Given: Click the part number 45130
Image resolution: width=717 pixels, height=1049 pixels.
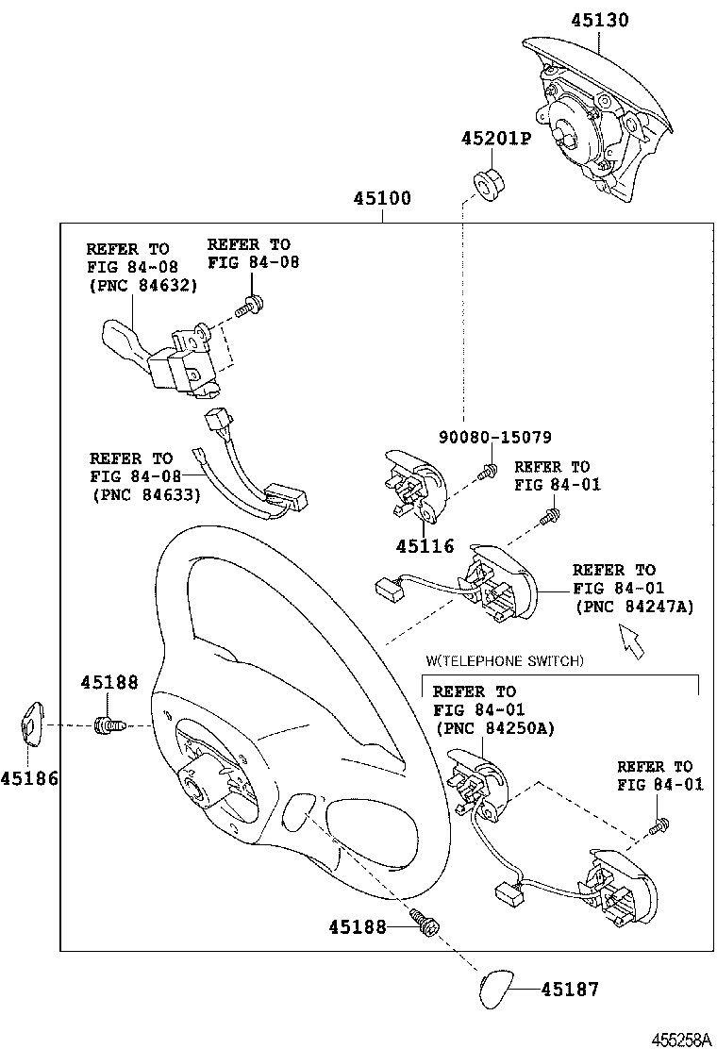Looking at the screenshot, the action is pos(599,20).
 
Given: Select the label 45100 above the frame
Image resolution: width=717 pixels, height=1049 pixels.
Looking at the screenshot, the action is pos(382,198).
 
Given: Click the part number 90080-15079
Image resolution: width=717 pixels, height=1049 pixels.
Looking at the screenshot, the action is pos(495,438).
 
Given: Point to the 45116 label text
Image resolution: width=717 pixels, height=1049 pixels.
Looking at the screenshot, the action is pos(425,546).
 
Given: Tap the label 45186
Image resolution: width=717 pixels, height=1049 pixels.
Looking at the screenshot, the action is pos(29,778).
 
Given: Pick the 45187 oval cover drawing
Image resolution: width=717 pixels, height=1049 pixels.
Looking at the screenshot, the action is pos(495,991).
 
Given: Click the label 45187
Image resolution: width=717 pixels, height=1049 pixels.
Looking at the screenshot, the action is pos(570,989).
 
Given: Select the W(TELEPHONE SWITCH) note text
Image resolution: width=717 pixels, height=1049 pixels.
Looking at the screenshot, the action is pos(505,661).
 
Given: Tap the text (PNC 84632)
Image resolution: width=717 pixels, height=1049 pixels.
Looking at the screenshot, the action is pos(143,286).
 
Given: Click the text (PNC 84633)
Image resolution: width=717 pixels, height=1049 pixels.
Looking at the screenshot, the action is pos(146,495).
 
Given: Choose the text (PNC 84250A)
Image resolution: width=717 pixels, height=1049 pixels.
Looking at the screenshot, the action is pos(495,728).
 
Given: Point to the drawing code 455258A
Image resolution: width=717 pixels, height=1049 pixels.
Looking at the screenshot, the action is pos(681,1040).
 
